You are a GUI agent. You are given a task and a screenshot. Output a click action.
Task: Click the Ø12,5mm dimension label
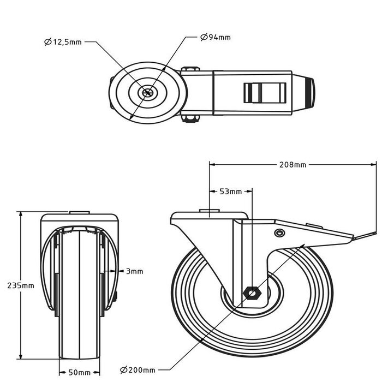click(63, 42)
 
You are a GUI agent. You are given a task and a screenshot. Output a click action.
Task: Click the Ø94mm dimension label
click(216, 37)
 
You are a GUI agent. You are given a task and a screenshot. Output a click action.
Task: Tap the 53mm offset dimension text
click(230, 192)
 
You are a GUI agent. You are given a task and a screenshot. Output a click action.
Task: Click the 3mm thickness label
click(134, 271)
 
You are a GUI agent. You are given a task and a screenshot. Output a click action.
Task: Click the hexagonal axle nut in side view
click(253, 293)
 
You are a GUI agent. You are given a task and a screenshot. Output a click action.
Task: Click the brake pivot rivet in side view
click(280, 233)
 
